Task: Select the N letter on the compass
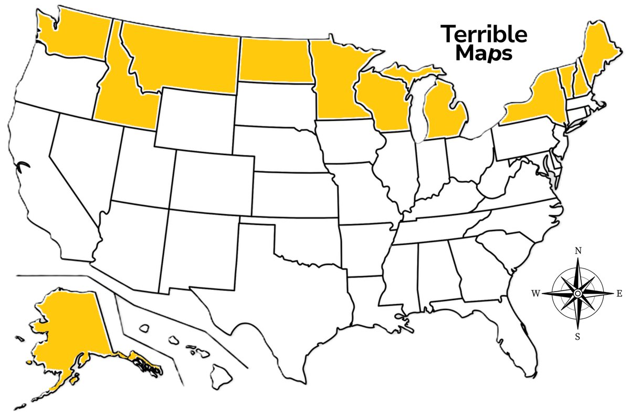[577, 251]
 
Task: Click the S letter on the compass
[577, 337]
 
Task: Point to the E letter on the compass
[619, 294]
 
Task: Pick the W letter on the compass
[536, 294]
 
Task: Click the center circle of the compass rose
[577, 293]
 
